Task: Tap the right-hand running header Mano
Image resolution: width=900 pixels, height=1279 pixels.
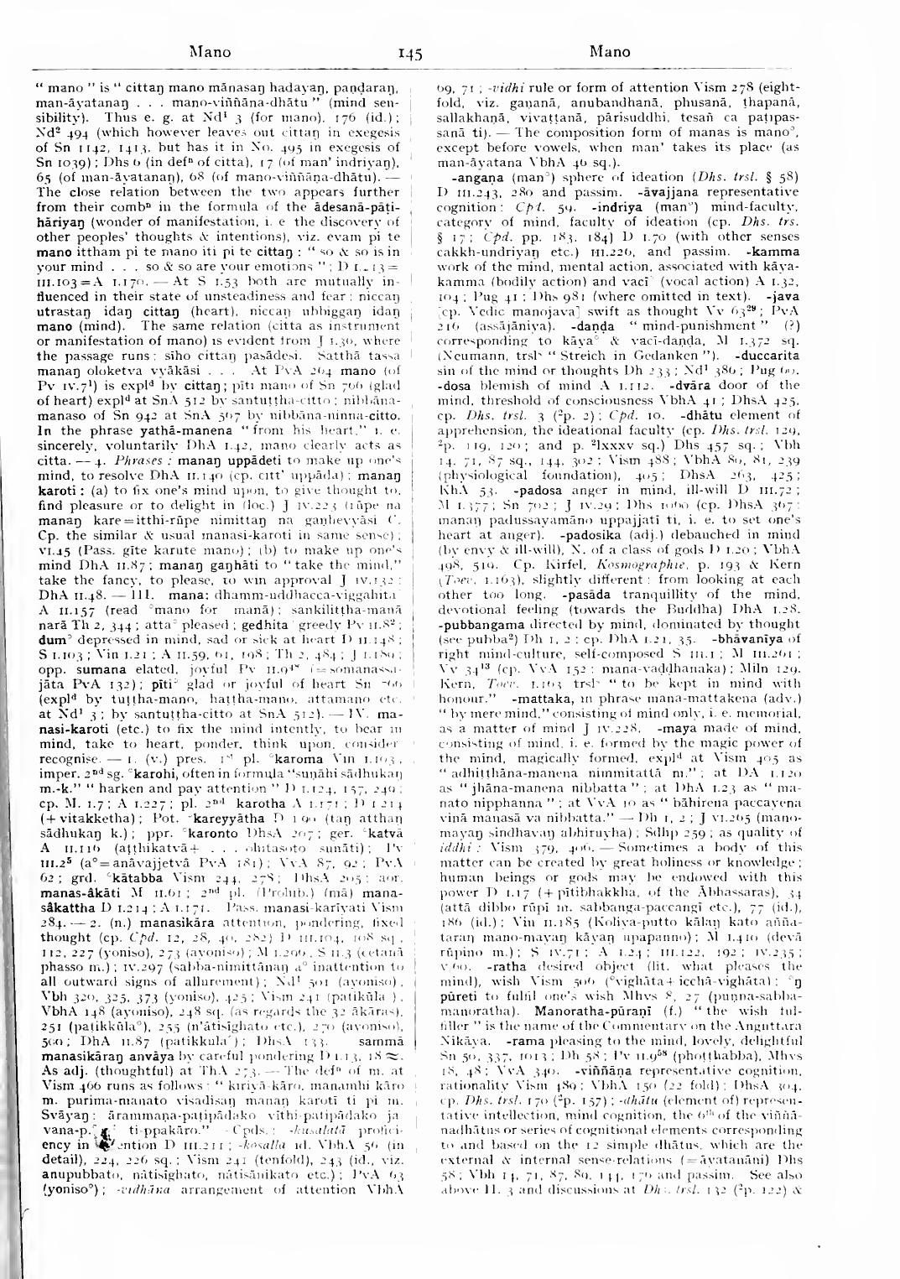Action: (x=610, y=52)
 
